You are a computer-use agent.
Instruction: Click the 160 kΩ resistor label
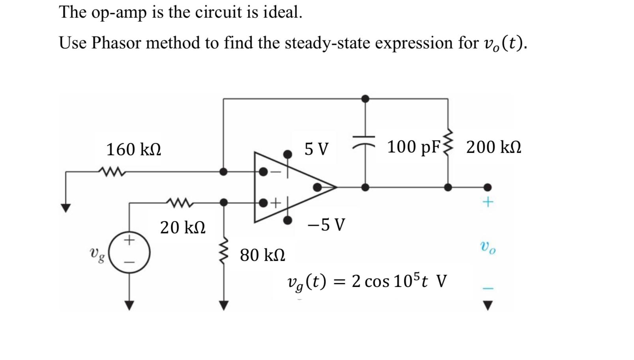point(134,150)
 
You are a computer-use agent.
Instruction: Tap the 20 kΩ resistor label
point(183,228)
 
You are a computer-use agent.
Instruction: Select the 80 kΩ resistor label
point(262,255)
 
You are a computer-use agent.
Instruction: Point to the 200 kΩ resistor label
point(494,147)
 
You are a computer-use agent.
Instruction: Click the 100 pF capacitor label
point(413,147)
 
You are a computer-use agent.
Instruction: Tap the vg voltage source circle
point(129,252)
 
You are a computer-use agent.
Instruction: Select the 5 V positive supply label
point(316,149)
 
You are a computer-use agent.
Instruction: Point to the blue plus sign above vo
point(488,202)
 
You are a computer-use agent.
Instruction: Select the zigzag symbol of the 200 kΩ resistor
point(448,143)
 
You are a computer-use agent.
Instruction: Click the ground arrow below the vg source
point(129,305)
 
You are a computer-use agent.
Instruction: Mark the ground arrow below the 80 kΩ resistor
point(224,305)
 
